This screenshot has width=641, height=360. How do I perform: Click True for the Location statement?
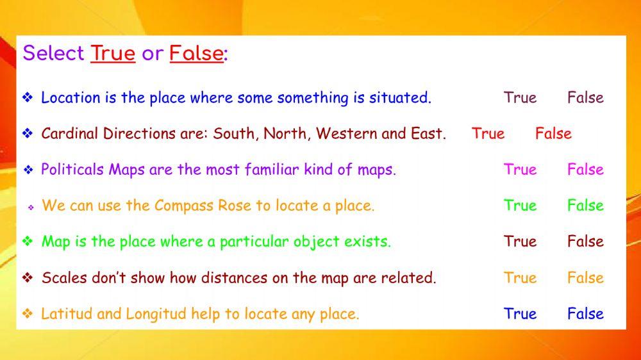pos(520,97)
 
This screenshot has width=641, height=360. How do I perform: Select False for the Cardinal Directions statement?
pos(553,133)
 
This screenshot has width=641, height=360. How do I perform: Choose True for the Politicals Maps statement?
pos(520,169)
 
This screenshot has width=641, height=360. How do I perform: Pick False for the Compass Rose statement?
pos(585,205)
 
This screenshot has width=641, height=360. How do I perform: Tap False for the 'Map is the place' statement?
pos(585,241)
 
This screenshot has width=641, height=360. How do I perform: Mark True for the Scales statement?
pos(520,277)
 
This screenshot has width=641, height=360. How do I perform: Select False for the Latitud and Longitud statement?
pos(585,313)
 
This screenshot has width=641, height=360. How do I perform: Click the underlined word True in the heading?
pos(113,54)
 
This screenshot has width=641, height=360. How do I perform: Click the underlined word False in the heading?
pos(196,54)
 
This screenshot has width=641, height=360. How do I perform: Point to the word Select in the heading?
pos(54,54)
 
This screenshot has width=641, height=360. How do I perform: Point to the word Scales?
pos(62,277)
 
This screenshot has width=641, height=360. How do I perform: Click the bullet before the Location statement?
pos(28,97)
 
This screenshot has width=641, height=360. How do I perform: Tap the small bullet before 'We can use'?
pos(30,208)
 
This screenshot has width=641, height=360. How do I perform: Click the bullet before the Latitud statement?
pos(28,313)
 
